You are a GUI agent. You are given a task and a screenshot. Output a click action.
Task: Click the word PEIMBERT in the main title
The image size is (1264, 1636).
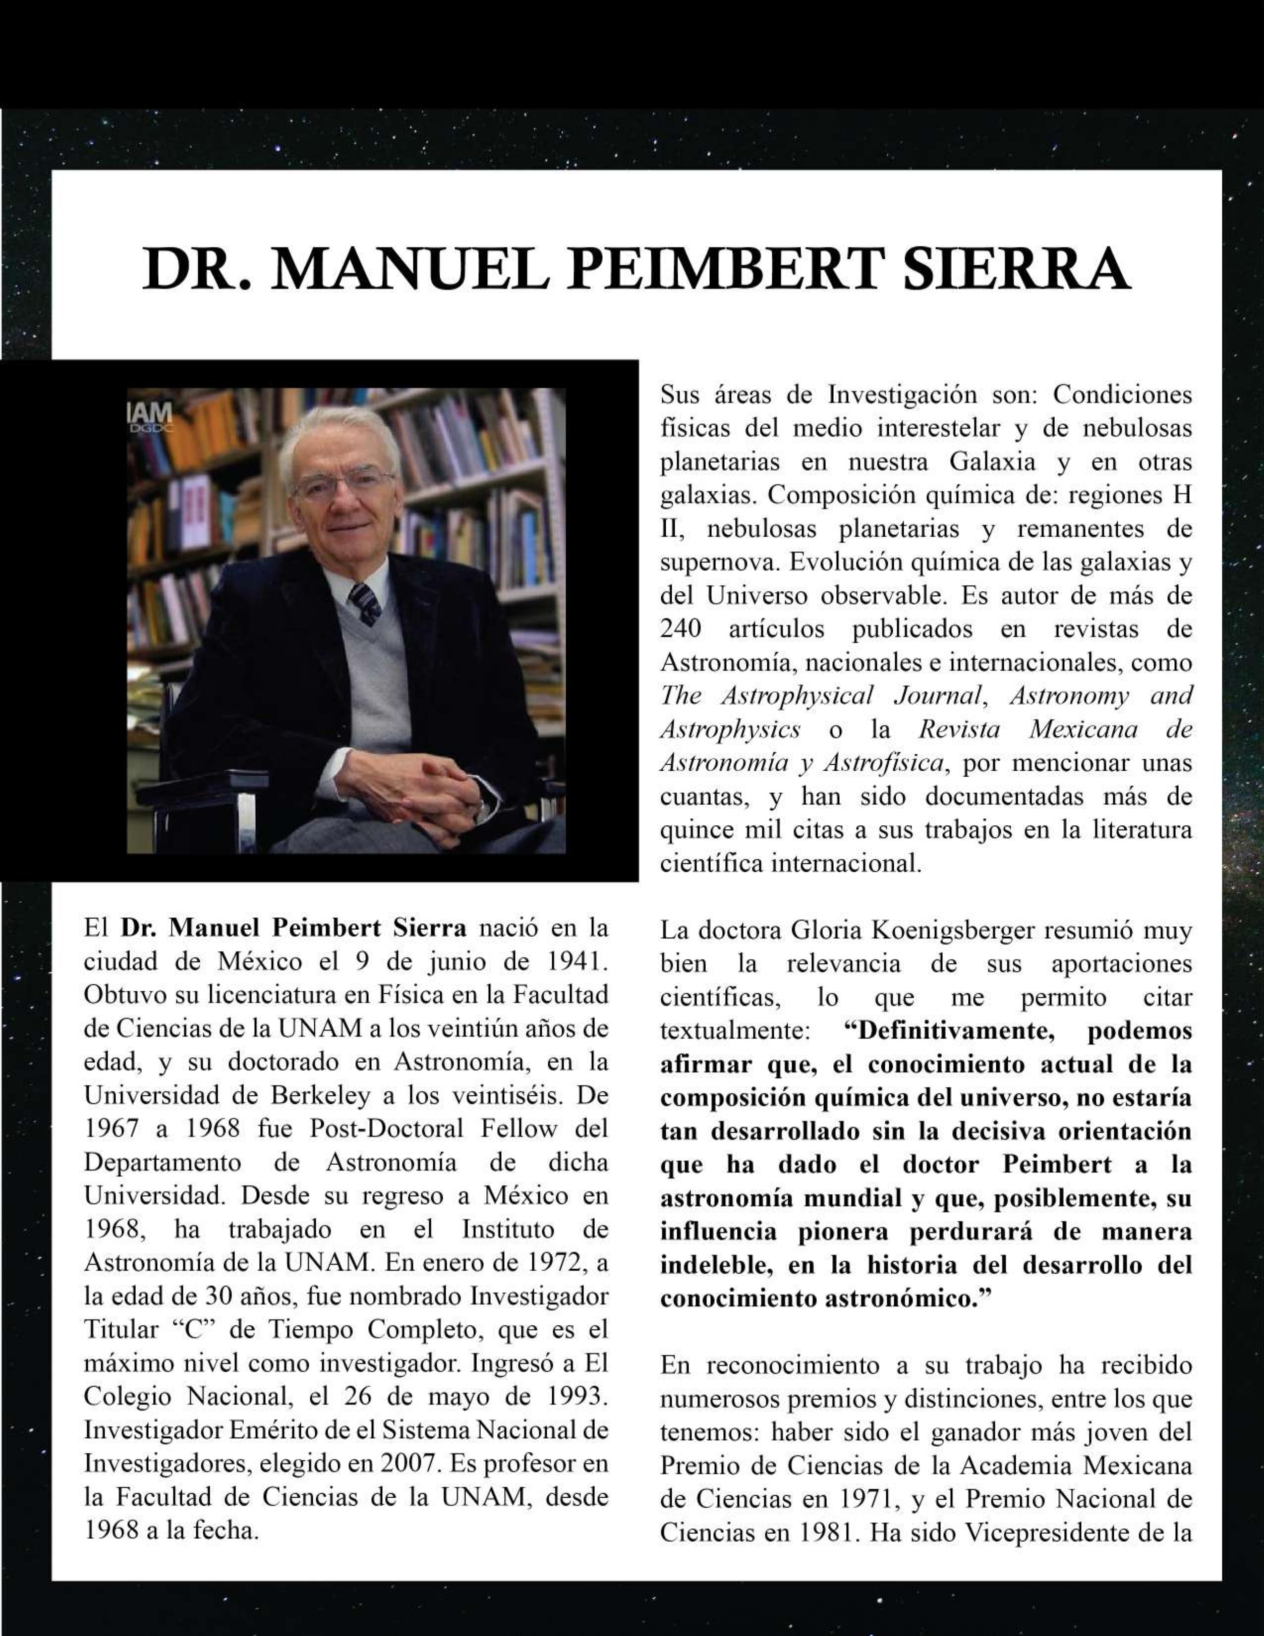723,269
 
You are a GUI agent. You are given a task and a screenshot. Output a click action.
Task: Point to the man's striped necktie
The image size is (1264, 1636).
366,604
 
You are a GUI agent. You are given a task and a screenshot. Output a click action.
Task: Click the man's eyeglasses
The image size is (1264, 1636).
344,484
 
